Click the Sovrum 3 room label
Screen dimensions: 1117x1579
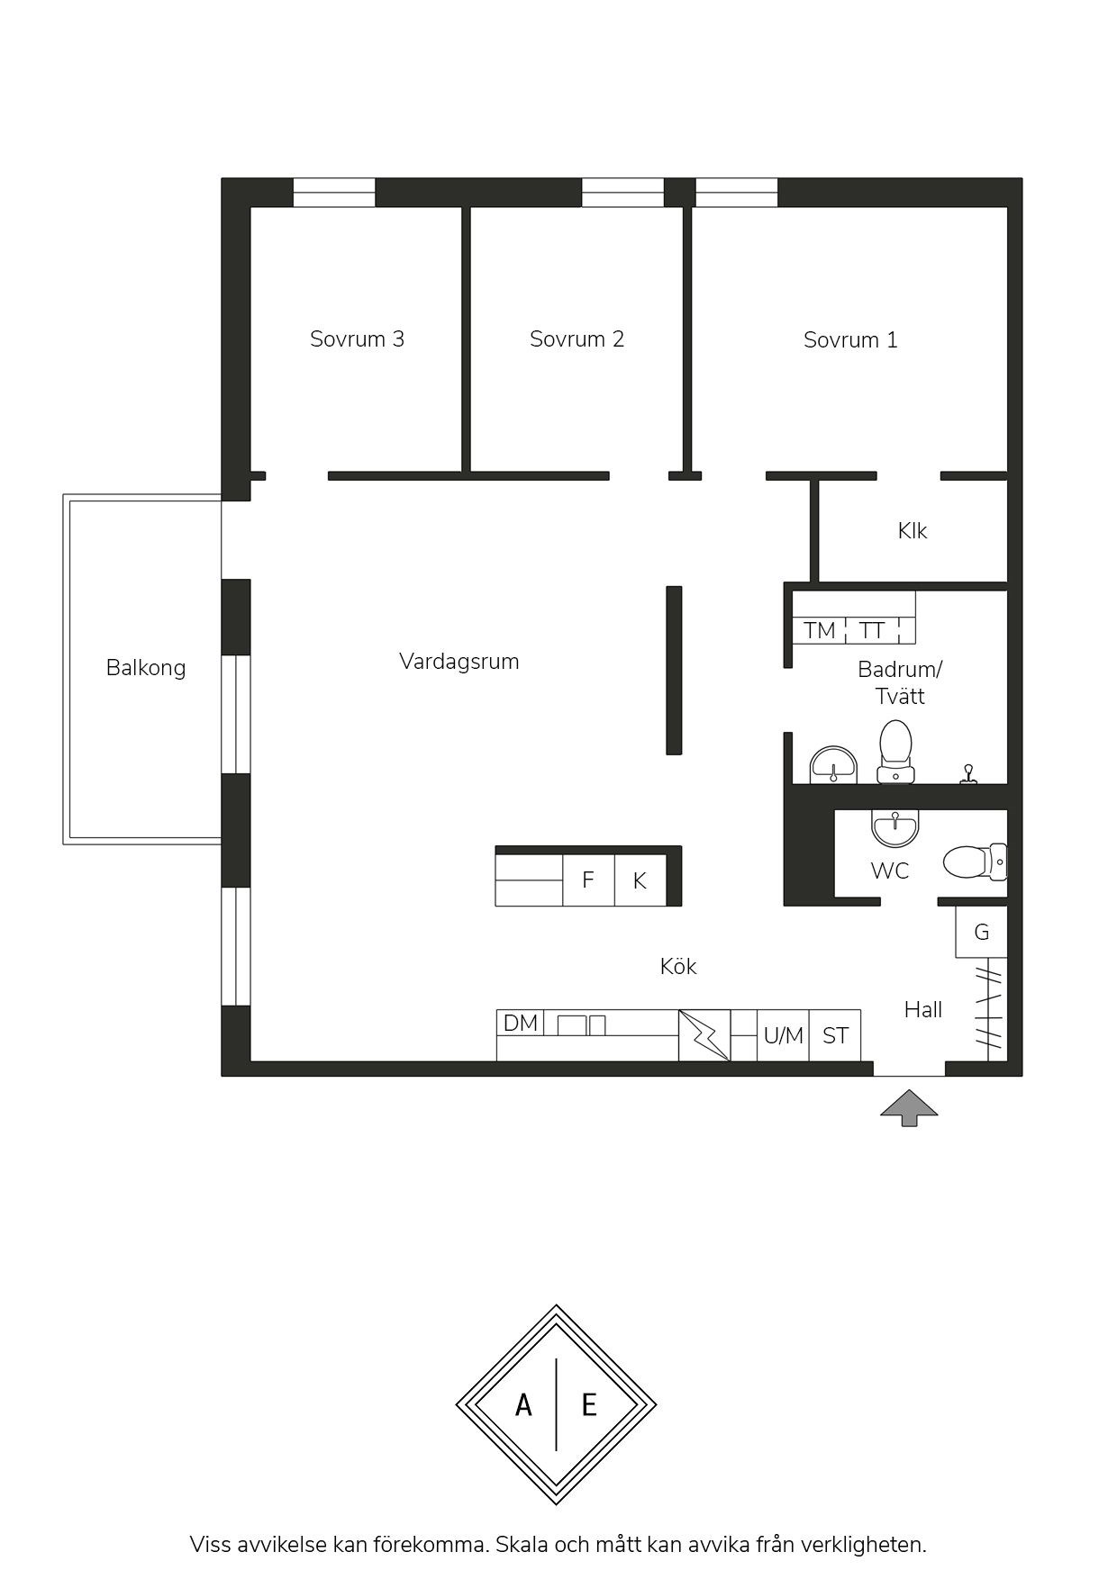click(x=357, y=339)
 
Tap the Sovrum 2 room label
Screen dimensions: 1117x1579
click(x=577, y=339)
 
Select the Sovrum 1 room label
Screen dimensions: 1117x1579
click(x=850, y=340)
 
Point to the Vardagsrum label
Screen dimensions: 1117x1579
click(x=459, y=662)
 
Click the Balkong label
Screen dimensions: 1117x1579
click(x=146, y=668)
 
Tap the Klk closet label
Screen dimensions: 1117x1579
click(x=913, y=531)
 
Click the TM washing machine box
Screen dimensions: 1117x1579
click(x=820, y=630)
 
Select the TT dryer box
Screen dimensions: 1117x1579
click(x=873, y=630)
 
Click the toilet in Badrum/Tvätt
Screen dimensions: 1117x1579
click(x=895, y=751)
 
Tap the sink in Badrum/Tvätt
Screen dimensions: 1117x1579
click(x=833, y=765)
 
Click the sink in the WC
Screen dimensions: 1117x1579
click(x=895, y=827)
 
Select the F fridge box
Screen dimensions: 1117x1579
click(x=588, y=880)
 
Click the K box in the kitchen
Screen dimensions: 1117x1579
click(x=640, y=880)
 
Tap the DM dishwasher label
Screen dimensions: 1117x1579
click(x=521, y=1024)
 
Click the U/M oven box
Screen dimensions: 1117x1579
click(x=783, y=1035)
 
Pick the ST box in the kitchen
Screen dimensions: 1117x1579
click(x=835, y=1035)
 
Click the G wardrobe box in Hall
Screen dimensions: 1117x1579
click(x=982, y=932)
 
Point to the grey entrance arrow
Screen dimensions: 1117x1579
click(x=909, y=1108)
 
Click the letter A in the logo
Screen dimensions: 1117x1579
click(x=523, y=1404)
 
